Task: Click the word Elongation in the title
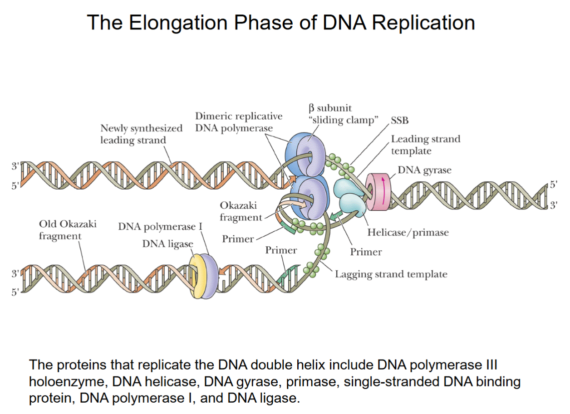(x=175, y=23)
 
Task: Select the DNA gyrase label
(x=424, y=170)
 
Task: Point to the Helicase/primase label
(x=408, y=233)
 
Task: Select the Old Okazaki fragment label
(x=67, y=229)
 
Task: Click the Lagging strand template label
(x=391, y=274)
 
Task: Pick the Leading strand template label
(x=425, y=145)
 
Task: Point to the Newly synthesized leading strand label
(x=141, y=134)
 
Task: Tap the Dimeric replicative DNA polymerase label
(x=238, y=122)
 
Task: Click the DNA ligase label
(x=167, y=244)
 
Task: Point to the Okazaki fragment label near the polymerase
(x=241, y=212)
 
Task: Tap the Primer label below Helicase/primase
(x=366, y=252)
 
